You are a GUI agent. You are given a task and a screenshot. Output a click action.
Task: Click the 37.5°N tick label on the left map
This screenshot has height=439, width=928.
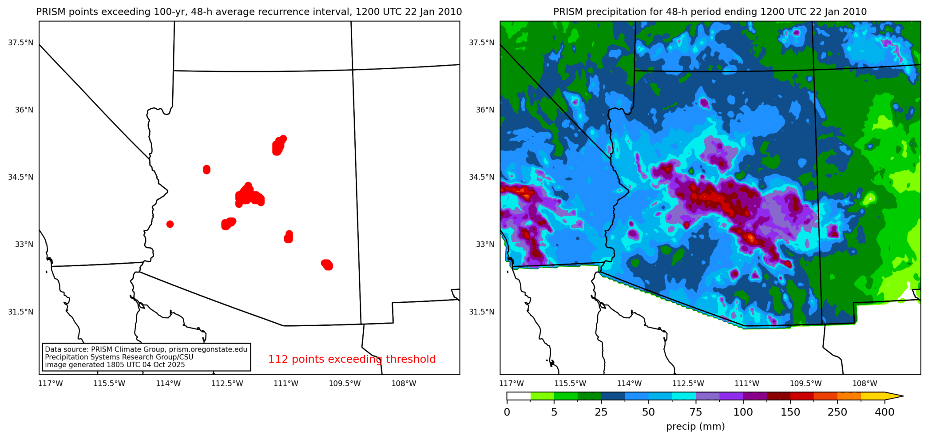coord(21,43)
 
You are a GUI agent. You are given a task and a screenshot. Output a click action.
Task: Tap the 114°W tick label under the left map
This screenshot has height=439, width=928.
coord(168,384)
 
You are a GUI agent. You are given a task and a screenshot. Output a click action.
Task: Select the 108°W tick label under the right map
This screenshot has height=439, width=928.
coord(865,384)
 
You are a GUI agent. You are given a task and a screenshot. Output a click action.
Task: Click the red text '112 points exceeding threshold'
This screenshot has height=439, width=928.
coord(352,359)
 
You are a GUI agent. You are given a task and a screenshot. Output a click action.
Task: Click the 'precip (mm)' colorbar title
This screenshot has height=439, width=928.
coord(695,427)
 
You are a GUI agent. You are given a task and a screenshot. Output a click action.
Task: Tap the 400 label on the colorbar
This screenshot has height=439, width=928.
coord(884,412)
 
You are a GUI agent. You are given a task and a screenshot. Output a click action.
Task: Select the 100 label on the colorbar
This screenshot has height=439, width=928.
coord(743,412)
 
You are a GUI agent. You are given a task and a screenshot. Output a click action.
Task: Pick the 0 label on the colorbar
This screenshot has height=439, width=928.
coord(507,412)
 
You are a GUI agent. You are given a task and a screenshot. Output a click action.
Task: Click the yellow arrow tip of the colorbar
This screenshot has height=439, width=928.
coord(895,396)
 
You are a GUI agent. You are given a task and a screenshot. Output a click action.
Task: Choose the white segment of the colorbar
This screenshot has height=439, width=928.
coord(519,396)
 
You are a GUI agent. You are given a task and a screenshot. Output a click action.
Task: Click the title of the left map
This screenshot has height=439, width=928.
coord(249,12)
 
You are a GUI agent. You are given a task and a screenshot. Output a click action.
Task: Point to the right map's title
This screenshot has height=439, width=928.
coord(710,12)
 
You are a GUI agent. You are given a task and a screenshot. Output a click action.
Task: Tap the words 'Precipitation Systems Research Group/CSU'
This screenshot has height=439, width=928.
coord(119,357)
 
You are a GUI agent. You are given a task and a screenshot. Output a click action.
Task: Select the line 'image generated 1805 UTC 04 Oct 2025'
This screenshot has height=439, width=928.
coord(115,365)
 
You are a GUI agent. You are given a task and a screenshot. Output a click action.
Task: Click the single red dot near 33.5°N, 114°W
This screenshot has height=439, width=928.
coord(170,224)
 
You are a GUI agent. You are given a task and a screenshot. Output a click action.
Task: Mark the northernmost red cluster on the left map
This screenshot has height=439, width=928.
coord(278,145)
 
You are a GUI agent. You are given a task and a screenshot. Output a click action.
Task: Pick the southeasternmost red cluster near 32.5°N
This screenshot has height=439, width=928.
coord(327,265)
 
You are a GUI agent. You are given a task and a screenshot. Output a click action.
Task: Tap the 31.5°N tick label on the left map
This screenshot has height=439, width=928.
coord(21,312)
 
